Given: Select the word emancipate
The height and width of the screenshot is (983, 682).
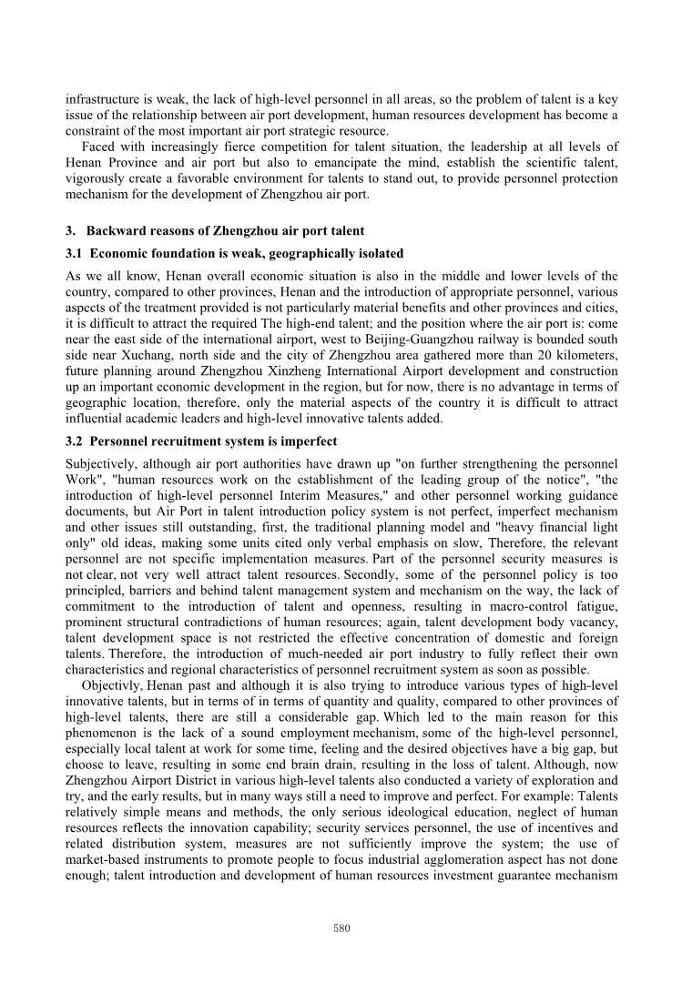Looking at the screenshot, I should click(304, 160).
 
